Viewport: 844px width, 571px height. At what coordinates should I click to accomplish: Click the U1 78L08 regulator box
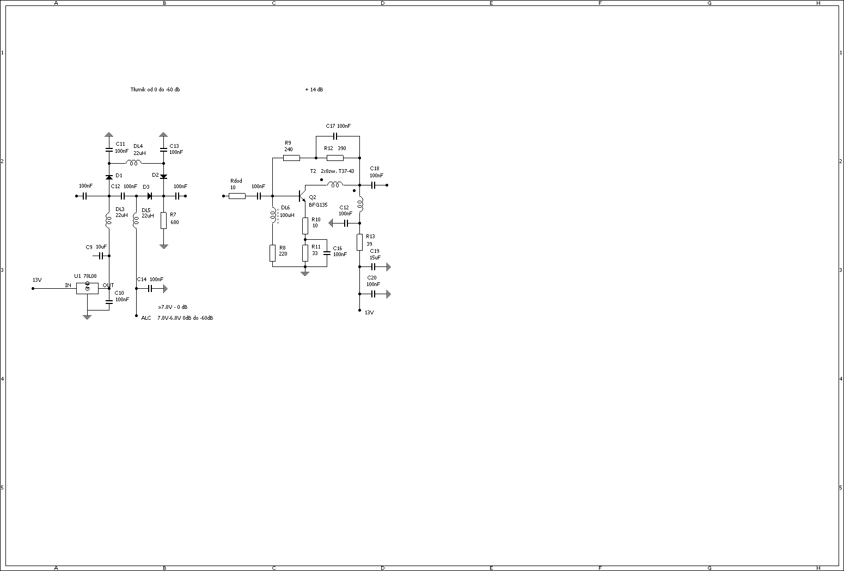pos(87,288)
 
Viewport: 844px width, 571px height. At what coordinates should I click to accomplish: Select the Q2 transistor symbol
pos(301,196)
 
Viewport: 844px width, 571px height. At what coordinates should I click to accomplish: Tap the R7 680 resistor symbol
pos(163,220)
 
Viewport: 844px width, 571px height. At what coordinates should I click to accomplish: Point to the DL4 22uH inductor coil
pos(134,163)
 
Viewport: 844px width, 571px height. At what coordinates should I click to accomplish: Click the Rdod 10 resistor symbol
pos(237,196)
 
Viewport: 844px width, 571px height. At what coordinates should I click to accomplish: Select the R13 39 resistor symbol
pos(359,242)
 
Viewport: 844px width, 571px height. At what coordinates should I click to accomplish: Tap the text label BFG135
pos(318,205)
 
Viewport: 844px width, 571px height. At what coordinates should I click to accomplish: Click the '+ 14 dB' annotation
pos(314,90)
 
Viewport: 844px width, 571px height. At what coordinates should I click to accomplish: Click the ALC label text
pos(146,318)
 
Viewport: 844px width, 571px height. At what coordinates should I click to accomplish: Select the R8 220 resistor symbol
pos(272,253)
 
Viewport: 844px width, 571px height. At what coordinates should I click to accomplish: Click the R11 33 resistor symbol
pos(305,253)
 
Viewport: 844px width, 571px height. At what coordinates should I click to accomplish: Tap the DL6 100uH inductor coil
pos(272,215)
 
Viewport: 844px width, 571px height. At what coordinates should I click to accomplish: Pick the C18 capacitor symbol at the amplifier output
pos(374,185)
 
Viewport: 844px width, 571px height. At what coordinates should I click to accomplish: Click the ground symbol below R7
pos(163,246)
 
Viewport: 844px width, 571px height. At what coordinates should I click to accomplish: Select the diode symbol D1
pos(109,177)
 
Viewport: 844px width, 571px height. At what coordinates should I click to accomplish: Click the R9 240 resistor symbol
pos(291,158)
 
